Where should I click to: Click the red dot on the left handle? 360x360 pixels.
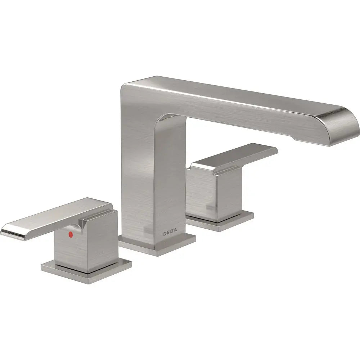coord(71,234)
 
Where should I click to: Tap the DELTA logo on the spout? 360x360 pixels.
coord(170,234)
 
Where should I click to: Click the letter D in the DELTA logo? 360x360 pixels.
coord(165,234)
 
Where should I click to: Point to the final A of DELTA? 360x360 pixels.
coord(176,233)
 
